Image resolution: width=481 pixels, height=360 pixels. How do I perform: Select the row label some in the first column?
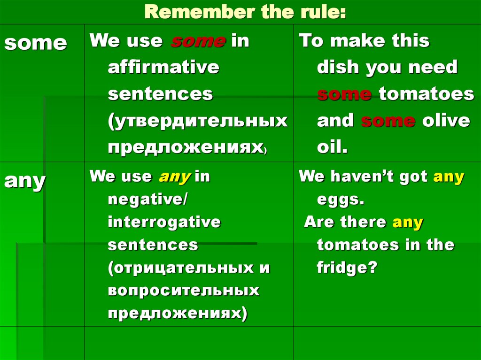(35, 43)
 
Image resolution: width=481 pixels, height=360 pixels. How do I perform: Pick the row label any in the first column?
(25, 181)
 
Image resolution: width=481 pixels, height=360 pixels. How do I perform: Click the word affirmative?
(163, 68)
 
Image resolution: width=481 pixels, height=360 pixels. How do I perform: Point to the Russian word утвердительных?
(197, 121)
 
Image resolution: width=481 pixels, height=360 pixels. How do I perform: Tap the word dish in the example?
(338, 68)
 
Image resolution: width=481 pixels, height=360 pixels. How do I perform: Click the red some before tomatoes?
(345, 94)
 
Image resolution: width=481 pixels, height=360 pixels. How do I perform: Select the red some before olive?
(388, 121)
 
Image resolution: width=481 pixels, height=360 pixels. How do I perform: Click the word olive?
(446, 121)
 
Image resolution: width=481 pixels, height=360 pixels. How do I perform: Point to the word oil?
(332, 148)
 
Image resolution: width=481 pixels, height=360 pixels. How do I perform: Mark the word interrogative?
(164, 222)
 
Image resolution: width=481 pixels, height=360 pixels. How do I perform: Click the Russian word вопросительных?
(184, 291)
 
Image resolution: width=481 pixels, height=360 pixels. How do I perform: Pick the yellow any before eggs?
(449, 177)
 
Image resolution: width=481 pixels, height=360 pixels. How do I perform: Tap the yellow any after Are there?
(408, 222)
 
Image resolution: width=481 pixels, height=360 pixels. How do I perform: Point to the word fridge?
(347, 268)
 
